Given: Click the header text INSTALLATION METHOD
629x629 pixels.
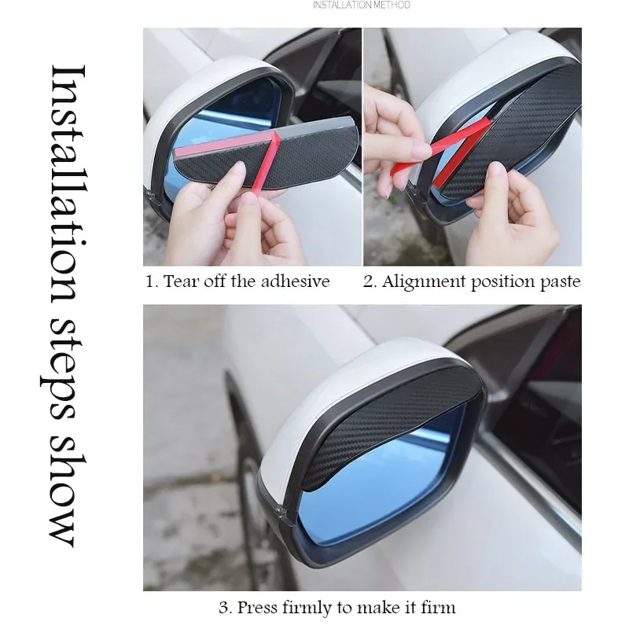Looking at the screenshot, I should click(x=362, y=5).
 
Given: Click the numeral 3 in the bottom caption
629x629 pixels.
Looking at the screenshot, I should click(x=223, y=607).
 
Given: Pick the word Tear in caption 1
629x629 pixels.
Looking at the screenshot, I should click(x=179, y=281).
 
